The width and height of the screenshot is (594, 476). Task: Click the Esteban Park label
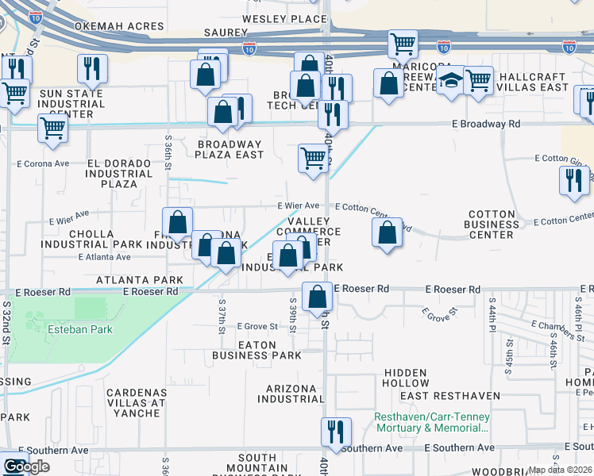click(x=79, y=329)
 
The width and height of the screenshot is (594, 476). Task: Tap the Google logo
click(x=25, y=466)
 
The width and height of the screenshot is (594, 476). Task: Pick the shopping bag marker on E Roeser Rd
click(x=317, y=297)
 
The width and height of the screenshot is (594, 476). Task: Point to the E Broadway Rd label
click(x=486, y=125)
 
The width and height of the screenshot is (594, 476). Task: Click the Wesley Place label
click(x=274, y=18)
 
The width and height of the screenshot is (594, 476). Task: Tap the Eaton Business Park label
click(x=256, y=350)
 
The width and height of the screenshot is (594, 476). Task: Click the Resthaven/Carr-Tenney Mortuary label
click(x=432, y=422)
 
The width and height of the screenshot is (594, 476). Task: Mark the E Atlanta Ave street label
click(x=104, y=257)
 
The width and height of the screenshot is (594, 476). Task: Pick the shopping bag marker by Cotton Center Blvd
click(x=387, y=233)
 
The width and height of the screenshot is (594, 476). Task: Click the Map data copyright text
click(x=561, y=470)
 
